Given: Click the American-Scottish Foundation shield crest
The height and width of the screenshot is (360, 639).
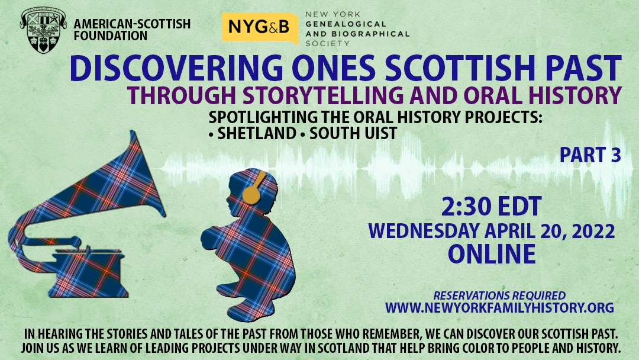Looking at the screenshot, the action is (43, 30).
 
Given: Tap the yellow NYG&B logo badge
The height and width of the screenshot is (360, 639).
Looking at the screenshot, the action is (260, 27).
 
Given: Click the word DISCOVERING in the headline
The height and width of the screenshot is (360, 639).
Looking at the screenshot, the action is (176, 68).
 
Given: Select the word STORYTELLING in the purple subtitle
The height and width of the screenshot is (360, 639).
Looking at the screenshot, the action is (323, 95).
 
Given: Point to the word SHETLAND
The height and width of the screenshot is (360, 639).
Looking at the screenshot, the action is (257, 133).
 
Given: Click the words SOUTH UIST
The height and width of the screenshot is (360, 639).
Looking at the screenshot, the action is (353, 133).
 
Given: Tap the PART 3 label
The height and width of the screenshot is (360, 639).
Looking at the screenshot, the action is (590, 155).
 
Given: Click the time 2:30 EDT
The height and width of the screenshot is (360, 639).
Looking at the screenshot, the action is (492, 206).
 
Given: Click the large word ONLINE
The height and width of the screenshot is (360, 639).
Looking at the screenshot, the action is (492, 253).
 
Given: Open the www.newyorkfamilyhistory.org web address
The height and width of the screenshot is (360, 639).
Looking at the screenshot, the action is (499, 307).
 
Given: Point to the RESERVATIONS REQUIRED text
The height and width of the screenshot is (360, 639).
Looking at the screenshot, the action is (499, 295).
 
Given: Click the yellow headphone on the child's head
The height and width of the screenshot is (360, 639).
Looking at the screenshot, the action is (253, 188).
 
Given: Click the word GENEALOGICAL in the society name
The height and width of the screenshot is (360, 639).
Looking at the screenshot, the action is (346, 24).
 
